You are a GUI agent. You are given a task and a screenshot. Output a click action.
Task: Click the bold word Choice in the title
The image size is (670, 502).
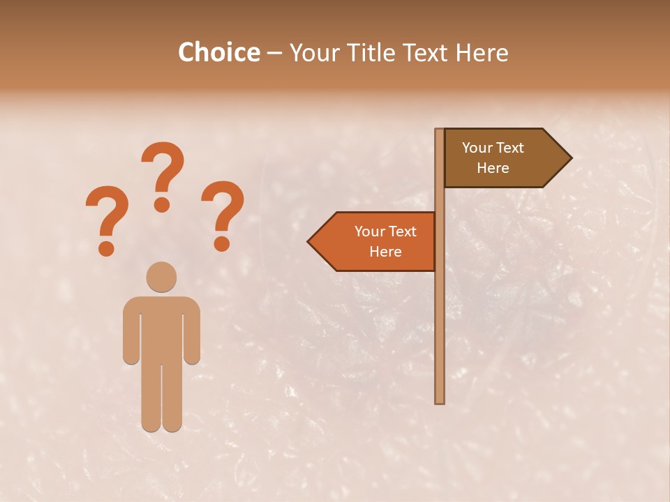218,53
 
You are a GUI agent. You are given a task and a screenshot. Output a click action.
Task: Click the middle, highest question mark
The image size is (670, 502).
163,174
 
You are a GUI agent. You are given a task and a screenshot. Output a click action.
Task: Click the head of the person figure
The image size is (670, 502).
161,277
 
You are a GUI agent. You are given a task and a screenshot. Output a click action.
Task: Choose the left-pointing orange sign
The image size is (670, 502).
377,241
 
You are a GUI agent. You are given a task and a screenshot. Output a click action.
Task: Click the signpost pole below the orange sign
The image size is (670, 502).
440,335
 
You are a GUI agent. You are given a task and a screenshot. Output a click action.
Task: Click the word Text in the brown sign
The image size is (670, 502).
512,148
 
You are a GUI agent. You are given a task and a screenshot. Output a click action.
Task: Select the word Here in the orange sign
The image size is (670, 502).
385,252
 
